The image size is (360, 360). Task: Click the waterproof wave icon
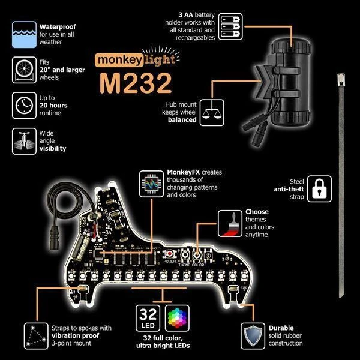click(23, 34)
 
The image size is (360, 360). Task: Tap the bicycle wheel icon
click(23, 71)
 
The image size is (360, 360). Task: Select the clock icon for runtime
click(23, 106)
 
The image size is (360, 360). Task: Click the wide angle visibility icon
click(23, 141)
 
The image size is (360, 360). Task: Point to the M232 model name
click(134, 83)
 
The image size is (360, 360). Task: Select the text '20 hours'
click(55, 105)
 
